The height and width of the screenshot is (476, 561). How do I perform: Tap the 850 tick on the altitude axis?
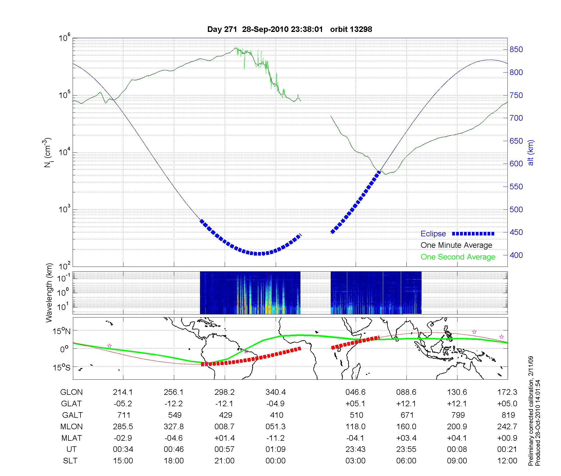coord(516,50)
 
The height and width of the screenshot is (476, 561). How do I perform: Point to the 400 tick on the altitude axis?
coord(516,255)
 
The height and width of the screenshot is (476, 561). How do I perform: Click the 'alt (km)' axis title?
coord(531,153)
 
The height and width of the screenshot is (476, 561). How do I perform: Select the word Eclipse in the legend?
coord(433,234)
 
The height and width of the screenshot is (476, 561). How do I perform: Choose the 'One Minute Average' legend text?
coord(456,245)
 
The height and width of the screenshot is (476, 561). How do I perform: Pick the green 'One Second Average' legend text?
coord(458,257)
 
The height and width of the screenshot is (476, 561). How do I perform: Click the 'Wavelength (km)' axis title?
coord(49,293)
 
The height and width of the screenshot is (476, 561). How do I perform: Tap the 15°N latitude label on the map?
coord(61,332)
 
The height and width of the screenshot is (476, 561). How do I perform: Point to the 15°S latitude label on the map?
coord(61,367)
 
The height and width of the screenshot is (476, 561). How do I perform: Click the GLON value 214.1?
coord(123,392)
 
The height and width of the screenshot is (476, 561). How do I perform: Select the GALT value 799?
coord(457,415)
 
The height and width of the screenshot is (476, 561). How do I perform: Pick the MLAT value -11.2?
coord(275,438)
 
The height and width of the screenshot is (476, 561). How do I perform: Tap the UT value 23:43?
coord(355,449)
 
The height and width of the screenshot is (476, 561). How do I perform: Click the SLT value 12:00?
coord(507,461)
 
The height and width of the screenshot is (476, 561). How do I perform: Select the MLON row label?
coord(71,427)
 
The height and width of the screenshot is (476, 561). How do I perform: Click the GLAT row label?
coord(71,404)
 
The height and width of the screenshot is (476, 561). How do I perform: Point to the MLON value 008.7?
coord(224,427)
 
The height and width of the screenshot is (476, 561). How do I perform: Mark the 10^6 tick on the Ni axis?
coord(65,38)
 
